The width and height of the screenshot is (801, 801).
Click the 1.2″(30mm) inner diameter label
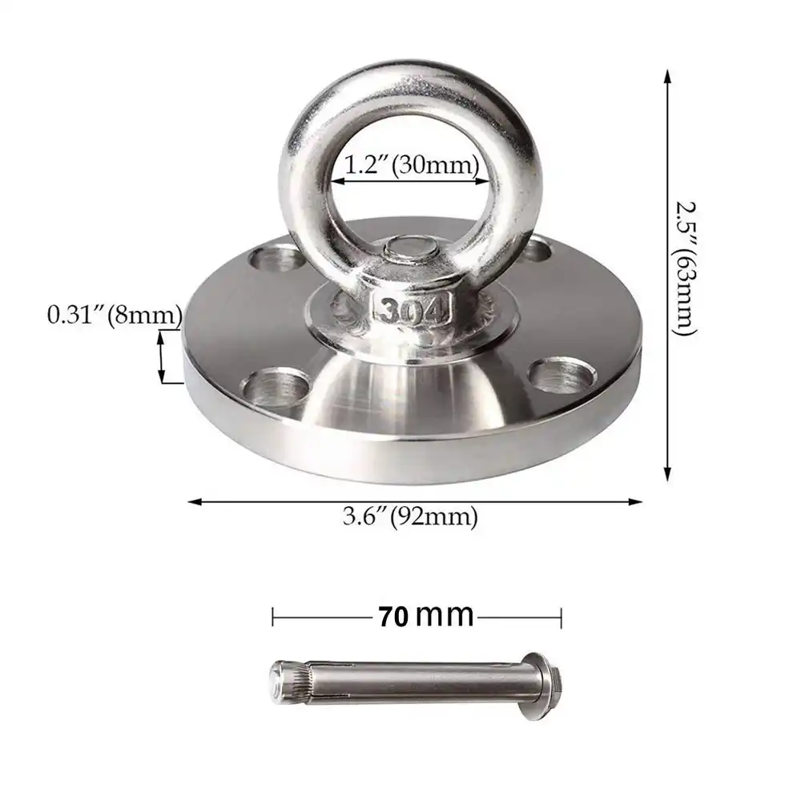coord(411,166)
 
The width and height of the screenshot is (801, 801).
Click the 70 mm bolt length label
coord(425,616)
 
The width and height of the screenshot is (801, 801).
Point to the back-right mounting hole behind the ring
coord(534,251)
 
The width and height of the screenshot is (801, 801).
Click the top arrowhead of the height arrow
coord(667,75)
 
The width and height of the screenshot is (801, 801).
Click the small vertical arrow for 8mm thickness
coord(162,357)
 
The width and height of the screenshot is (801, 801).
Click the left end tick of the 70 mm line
coord(273,617)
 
